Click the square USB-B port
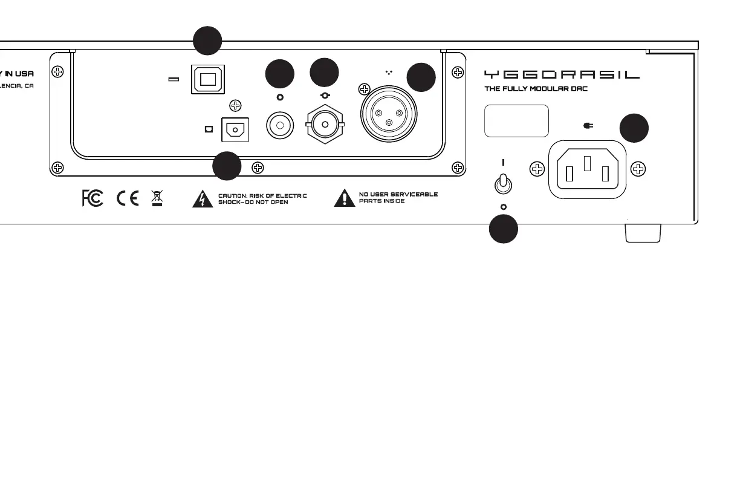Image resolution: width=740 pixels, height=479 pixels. [x=208, y=79]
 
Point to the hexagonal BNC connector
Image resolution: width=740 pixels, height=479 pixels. [x=325, y=126]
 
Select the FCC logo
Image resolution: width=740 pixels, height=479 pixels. [x=92, y=198]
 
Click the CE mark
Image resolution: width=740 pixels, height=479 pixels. [x=128, y=198]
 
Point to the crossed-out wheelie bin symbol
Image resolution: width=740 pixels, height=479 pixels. [x=157, y=197]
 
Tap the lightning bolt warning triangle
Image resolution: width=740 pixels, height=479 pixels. [x=203, y=199]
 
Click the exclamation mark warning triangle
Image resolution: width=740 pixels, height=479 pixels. [x=344, y=198]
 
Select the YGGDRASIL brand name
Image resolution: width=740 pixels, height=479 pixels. [x=562, y=74]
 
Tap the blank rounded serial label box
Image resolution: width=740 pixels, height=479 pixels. [x=517, y=121]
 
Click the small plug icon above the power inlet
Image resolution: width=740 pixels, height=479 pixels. [x=586, y=126]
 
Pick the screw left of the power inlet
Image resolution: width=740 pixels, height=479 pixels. [x=536, y=169]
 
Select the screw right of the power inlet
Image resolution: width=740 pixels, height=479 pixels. [x=637, y=169]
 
